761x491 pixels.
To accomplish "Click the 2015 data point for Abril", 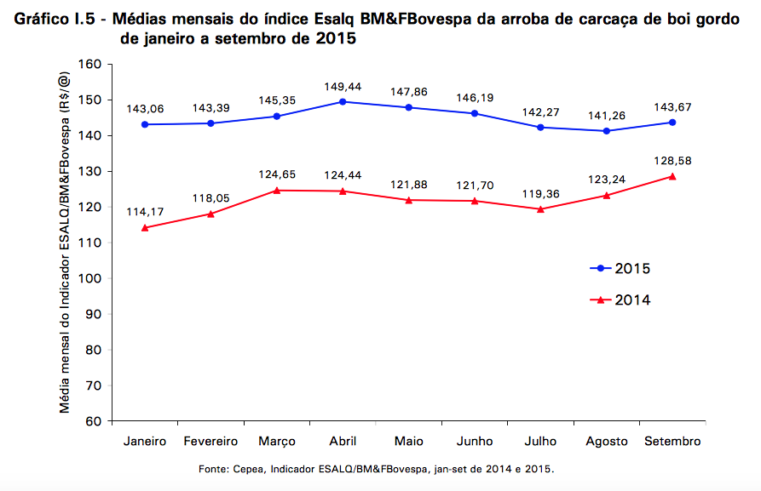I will pos(343,101).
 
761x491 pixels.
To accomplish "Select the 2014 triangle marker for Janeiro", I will pos(145,228).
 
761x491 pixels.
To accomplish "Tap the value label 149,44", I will pos(343,87).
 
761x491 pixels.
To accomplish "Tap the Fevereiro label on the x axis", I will pos(210,442).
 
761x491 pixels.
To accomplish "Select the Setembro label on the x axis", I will pos(672,442).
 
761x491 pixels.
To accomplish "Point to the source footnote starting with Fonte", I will pos(376,469).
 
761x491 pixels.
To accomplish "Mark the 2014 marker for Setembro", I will pos(672,176).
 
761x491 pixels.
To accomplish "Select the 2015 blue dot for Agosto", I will pos(606,131).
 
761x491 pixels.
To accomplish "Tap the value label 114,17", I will pos(145,212).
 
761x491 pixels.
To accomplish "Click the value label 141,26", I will pos(606,116).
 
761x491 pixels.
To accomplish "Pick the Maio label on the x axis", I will pos(408,442).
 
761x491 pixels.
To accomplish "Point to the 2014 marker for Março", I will pos(277,191).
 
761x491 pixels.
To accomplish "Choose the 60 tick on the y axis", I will pos(93,422).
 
